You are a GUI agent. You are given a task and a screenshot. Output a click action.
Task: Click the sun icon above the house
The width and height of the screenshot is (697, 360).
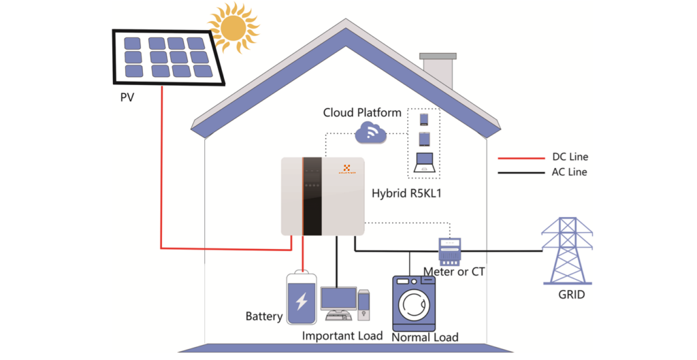[x=233, y=27]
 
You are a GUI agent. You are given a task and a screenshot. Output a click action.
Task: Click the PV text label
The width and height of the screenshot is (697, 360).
[x=127, y=97]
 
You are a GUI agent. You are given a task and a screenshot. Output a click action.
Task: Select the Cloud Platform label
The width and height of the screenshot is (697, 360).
[x=362, y=113]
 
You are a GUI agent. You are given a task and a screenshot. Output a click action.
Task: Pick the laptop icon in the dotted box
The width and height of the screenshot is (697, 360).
[x=425, y=163]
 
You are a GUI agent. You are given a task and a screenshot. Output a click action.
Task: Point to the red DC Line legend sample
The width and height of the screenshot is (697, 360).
[x=519, y=158]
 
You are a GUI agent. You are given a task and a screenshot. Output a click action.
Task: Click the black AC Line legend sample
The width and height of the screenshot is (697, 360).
[x=519, y=172]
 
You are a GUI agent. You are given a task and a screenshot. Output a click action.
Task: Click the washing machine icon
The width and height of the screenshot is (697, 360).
[x=413, y=303]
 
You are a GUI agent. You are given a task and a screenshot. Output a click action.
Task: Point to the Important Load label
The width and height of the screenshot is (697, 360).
[x=342, y=336]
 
